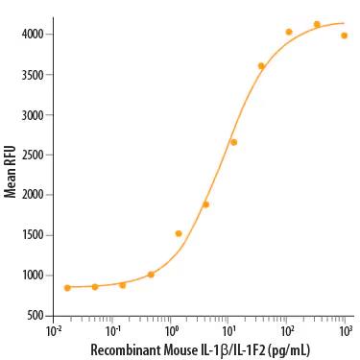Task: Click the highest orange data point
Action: pos(317,25)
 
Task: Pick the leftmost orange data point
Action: pos(67,287)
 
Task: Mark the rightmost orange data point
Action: pos(344,36)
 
